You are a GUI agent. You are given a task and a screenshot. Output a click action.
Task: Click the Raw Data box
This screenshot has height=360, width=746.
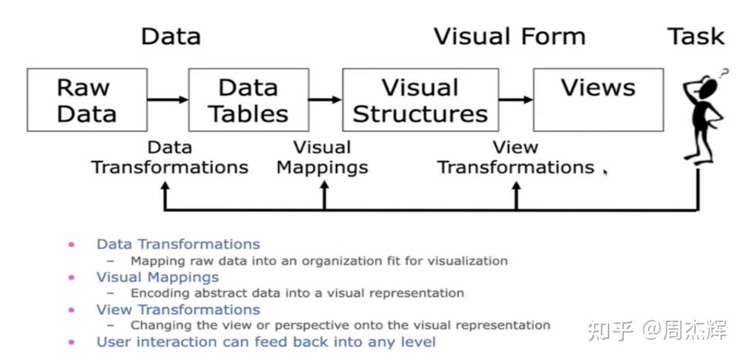86,100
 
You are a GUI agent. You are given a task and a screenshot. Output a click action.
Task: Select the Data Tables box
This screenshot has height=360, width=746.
248,100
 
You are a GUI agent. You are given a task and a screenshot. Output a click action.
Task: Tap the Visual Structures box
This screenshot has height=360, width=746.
420,100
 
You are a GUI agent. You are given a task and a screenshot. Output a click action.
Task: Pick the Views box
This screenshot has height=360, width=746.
598,100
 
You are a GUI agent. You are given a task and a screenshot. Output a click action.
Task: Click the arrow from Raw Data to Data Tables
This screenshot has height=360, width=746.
168,99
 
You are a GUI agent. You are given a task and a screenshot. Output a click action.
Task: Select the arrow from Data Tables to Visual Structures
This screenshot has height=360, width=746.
325,99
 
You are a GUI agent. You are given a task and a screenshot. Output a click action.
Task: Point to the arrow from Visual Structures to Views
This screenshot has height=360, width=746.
516,99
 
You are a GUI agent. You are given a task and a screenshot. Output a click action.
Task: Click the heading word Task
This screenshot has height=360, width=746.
697,36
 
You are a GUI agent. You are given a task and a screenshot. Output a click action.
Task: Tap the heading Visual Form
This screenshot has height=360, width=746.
509,36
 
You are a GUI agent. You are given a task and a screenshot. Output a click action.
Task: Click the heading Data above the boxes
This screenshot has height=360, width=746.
171,36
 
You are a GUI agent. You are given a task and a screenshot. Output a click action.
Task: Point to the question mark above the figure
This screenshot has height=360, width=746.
724,74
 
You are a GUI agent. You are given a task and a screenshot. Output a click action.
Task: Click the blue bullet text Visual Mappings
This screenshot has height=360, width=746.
158,277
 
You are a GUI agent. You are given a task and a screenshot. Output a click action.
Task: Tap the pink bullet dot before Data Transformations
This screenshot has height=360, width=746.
72,244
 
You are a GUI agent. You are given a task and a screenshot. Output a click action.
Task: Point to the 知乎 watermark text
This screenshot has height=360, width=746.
611,331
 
